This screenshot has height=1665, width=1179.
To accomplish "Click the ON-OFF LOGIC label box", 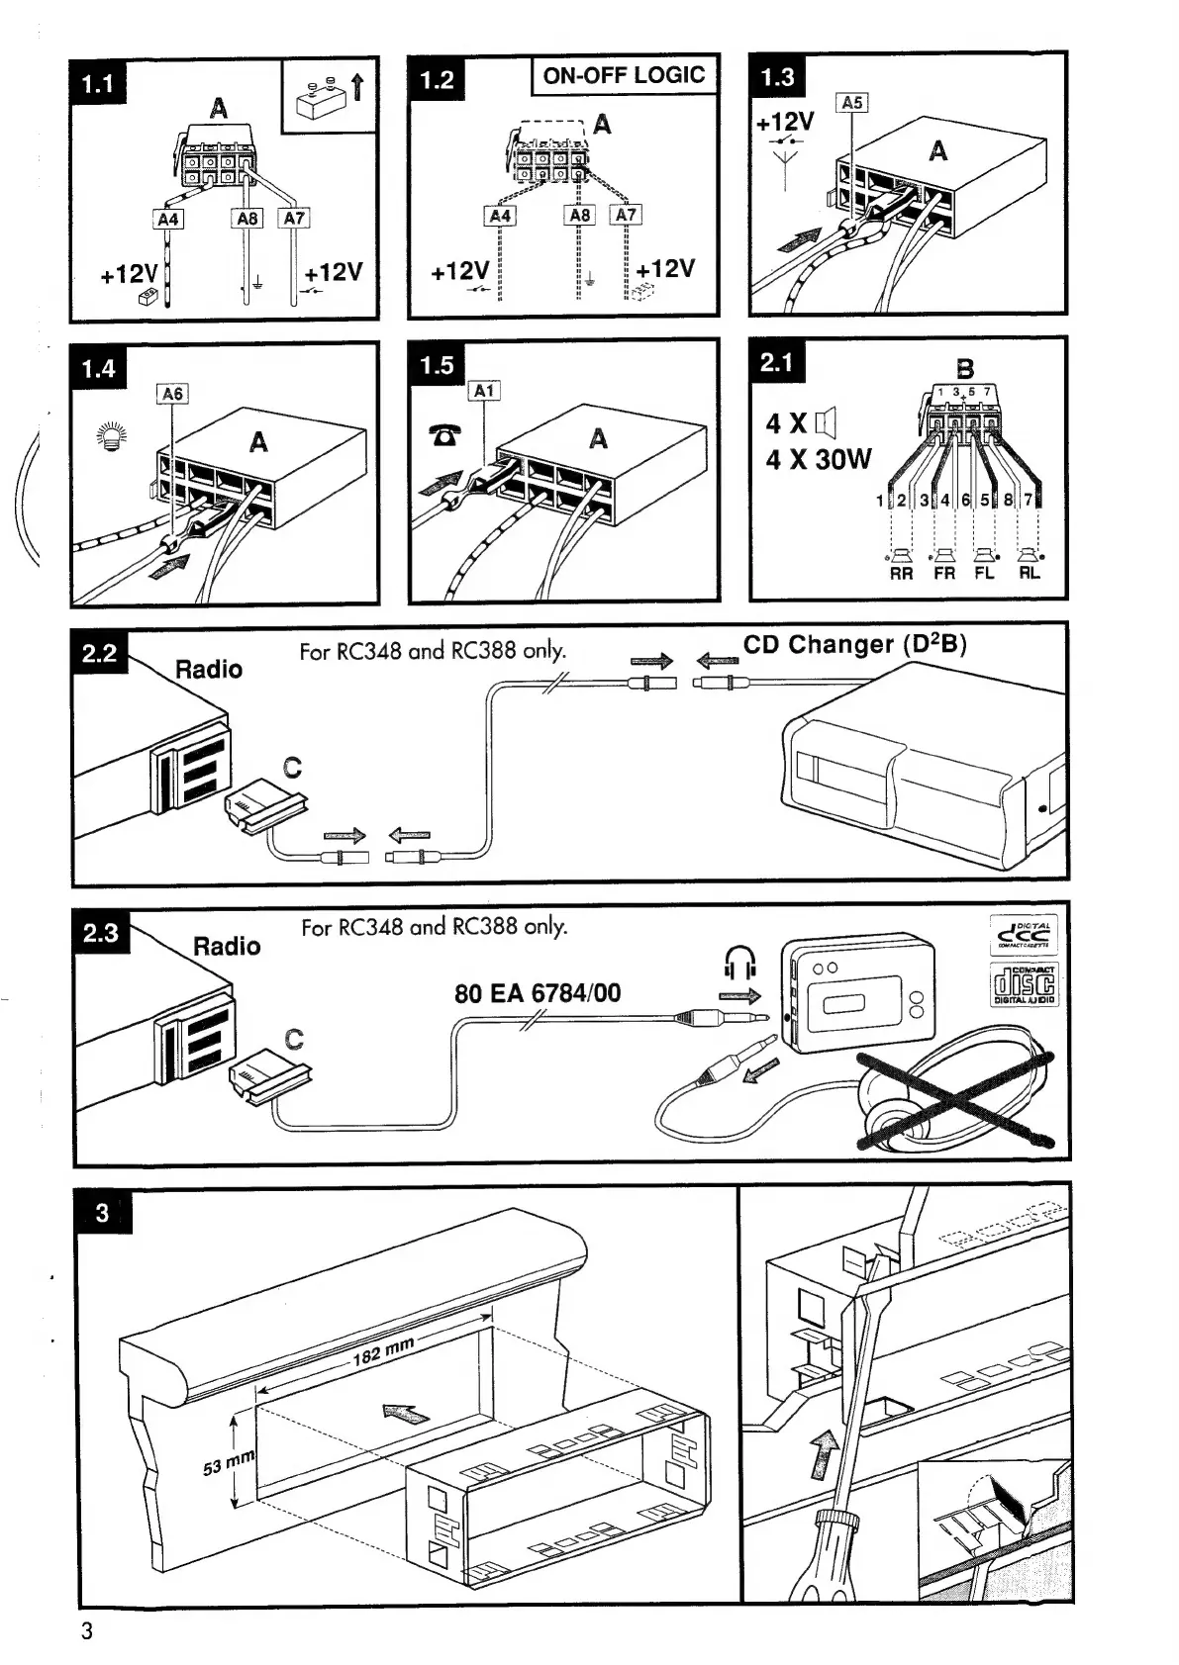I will pos(624,75).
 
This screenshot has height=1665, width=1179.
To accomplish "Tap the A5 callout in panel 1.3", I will pos(851,102).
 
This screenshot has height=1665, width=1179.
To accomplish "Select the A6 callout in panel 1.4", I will pos(172,394).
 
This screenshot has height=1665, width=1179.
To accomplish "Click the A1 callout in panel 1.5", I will pos(483,391).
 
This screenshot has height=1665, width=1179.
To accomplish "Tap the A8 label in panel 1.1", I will pos(246,218).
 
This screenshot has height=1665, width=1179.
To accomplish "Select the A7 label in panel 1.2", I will pos(627,215).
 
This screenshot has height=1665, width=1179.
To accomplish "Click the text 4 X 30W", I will pos(818,460).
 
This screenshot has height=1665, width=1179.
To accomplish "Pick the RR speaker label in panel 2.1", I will pos(901,574).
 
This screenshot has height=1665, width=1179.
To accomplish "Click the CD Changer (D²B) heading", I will pos(854,644).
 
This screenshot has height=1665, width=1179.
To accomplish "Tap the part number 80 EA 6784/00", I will pos(538,992).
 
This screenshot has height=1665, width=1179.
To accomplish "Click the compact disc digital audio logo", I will pos(1025,984).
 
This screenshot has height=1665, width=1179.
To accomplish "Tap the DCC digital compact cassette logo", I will pos(1025,934).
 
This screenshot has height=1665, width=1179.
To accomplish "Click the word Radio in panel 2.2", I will pos(209,670).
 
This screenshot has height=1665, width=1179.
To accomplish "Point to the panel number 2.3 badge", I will pos(101,933).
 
